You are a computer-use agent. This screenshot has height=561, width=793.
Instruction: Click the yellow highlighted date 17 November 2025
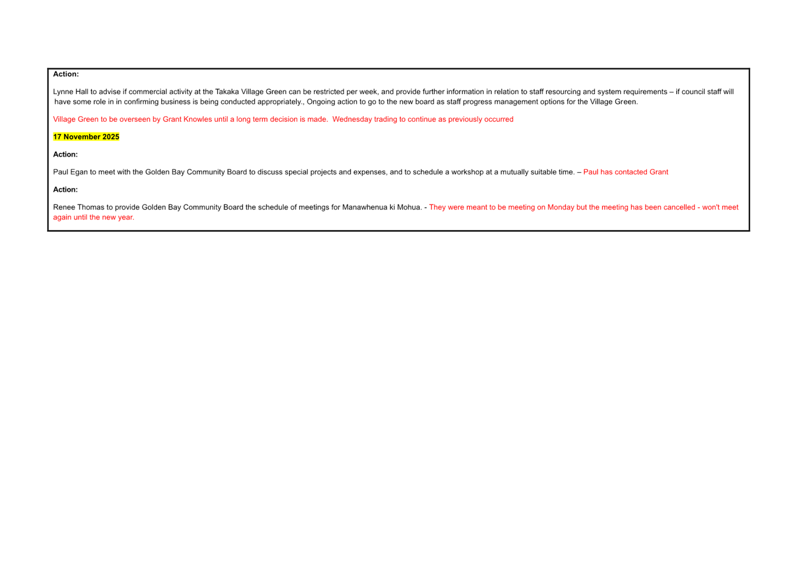point(86,137)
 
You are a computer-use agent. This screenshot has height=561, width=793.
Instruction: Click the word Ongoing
point(320,102)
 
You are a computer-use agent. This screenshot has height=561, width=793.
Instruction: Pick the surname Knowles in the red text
point(197,120)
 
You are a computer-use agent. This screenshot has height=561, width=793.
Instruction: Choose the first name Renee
point(64,208)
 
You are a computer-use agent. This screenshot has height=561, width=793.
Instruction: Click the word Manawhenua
point(365,208)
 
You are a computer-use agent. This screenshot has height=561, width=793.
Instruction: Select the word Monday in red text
point(560,208)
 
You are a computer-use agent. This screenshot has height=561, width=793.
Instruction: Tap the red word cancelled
point(679,208)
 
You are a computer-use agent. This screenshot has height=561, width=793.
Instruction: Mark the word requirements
point(645,92)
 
